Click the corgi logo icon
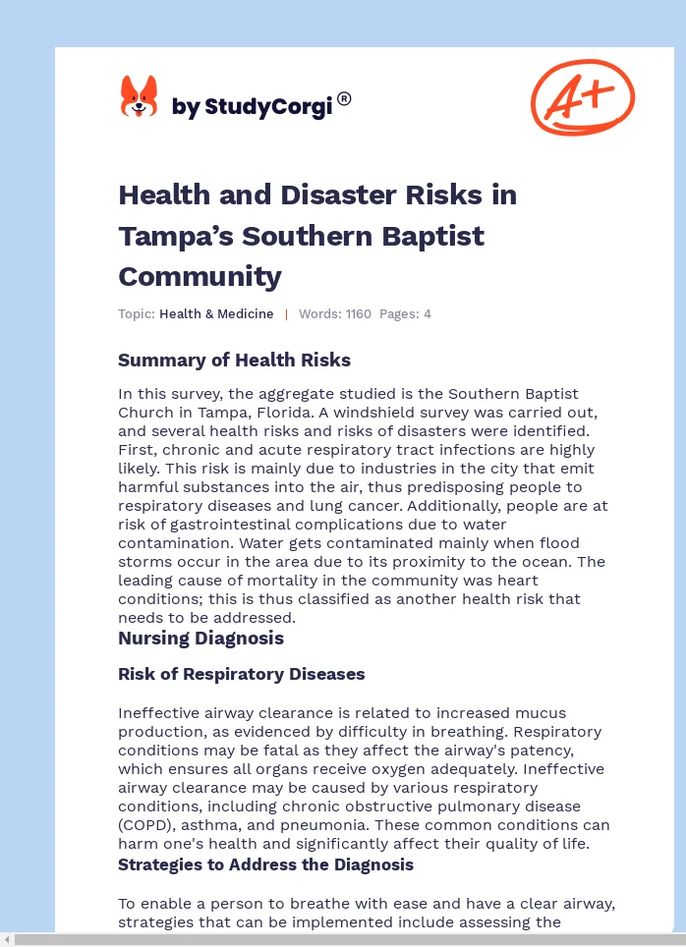139,97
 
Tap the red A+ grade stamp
583,96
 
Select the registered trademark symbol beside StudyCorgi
344,98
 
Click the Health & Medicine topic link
216,314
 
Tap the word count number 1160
358,314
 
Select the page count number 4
428,314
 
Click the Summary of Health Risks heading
234,361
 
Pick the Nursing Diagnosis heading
200,639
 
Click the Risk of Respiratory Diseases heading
241,675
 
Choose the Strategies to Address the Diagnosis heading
265,865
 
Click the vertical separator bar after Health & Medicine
286,314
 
